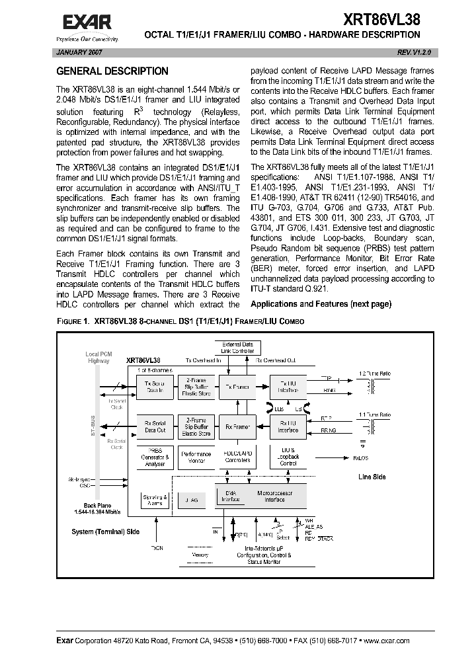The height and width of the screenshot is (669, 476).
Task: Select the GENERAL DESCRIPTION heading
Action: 112,71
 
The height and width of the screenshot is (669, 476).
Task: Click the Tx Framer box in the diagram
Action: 237,387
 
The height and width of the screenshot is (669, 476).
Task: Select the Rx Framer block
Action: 237,427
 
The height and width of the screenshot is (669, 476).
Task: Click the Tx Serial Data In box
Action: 155,387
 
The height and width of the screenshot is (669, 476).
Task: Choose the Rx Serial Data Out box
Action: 155,427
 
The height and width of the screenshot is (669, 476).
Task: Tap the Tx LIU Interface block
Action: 288,387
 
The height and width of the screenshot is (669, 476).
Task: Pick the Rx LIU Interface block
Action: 288,427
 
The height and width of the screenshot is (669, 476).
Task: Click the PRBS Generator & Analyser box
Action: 155,457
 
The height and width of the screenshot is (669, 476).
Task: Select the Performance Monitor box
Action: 196,457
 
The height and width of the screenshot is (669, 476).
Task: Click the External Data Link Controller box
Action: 237,347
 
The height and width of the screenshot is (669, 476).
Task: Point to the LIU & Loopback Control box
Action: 288,457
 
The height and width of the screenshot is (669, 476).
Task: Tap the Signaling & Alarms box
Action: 155,500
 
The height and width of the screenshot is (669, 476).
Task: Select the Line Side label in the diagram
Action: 372,476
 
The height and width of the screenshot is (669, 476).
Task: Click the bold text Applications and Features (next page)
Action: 321,304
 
